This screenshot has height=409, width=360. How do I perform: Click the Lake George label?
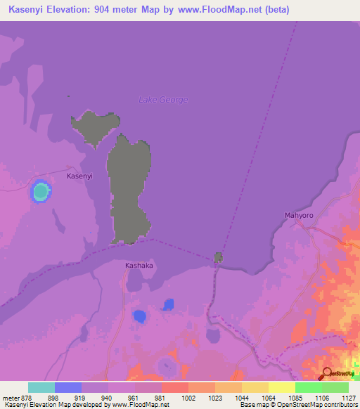163,100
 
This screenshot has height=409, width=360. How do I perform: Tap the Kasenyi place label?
79,176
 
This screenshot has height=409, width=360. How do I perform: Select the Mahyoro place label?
298,215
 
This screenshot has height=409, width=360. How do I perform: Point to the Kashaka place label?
139,266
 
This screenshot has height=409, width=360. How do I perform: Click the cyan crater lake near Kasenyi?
41,190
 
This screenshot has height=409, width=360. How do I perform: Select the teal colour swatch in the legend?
41,387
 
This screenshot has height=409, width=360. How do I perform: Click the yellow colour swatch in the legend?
281,387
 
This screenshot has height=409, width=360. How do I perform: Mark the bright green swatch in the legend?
308,387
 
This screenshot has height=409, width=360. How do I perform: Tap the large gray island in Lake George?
128,190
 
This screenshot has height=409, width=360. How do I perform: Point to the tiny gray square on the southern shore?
219,257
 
